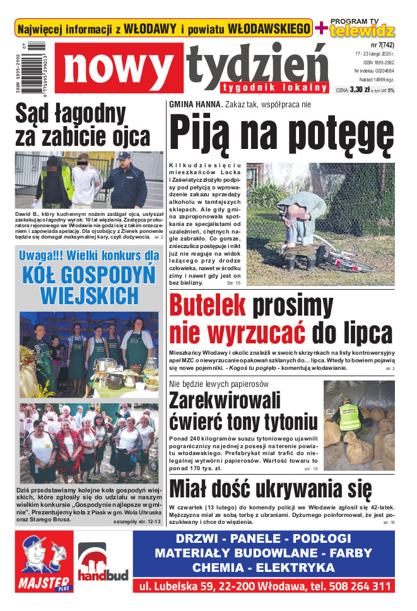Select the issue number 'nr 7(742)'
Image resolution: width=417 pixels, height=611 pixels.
(379, 45)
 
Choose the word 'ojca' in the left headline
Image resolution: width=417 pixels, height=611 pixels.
(127, 136)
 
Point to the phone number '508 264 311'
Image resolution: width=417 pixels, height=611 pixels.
(356, 586)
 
